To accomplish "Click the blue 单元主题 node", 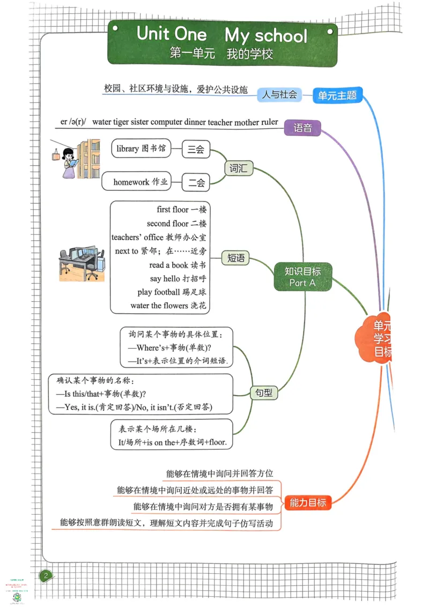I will (x=337, y=95).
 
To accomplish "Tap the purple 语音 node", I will (x=303, y=128).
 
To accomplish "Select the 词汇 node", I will (x=238, y=168).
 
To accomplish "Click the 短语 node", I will (x=236, y=258).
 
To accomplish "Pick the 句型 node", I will (x=262, y=393).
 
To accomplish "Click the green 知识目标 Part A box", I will (x=304, y=277).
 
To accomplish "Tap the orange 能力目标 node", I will (x=308, y=502).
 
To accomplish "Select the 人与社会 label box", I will (x=279, y=94).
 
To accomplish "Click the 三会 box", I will (x=196, y=150).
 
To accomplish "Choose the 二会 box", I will (x=196, y=182).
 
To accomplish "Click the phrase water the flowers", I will (x=159, y=306).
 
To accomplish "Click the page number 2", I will (x=46, y=576).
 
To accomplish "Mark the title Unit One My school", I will (x=222, y=35).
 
